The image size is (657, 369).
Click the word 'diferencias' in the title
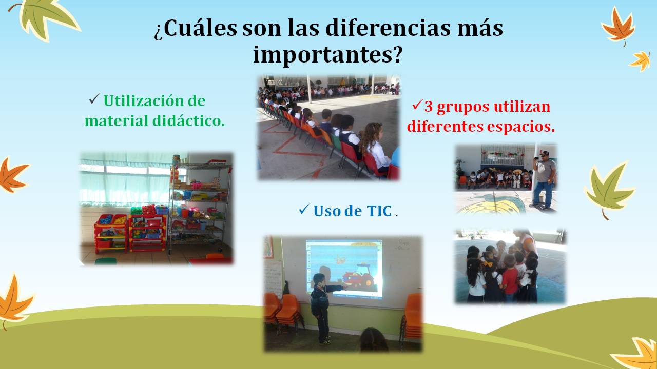tap(389, 28)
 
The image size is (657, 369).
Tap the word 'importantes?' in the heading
tap(327, 55)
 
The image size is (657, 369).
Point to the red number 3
tap(429, 107)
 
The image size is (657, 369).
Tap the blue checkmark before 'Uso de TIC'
tap(304, 210)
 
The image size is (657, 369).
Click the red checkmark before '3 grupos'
tap(417, 105)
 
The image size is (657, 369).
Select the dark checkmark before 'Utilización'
tap(94, 99)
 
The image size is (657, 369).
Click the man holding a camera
tap(544, 179)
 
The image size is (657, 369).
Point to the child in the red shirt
tap(510, 278)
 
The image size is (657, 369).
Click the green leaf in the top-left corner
tap(47, 18)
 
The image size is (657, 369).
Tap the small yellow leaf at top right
tap(641, 61)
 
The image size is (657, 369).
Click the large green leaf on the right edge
tap(609, 189)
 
